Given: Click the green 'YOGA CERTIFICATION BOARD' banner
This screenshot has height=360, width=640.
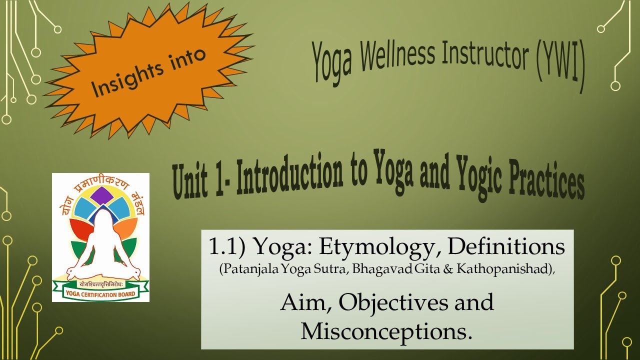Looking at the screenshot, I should (100, 293).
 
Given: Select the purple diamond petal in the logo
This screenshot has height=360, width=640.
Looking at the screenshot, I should (102, 196).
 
